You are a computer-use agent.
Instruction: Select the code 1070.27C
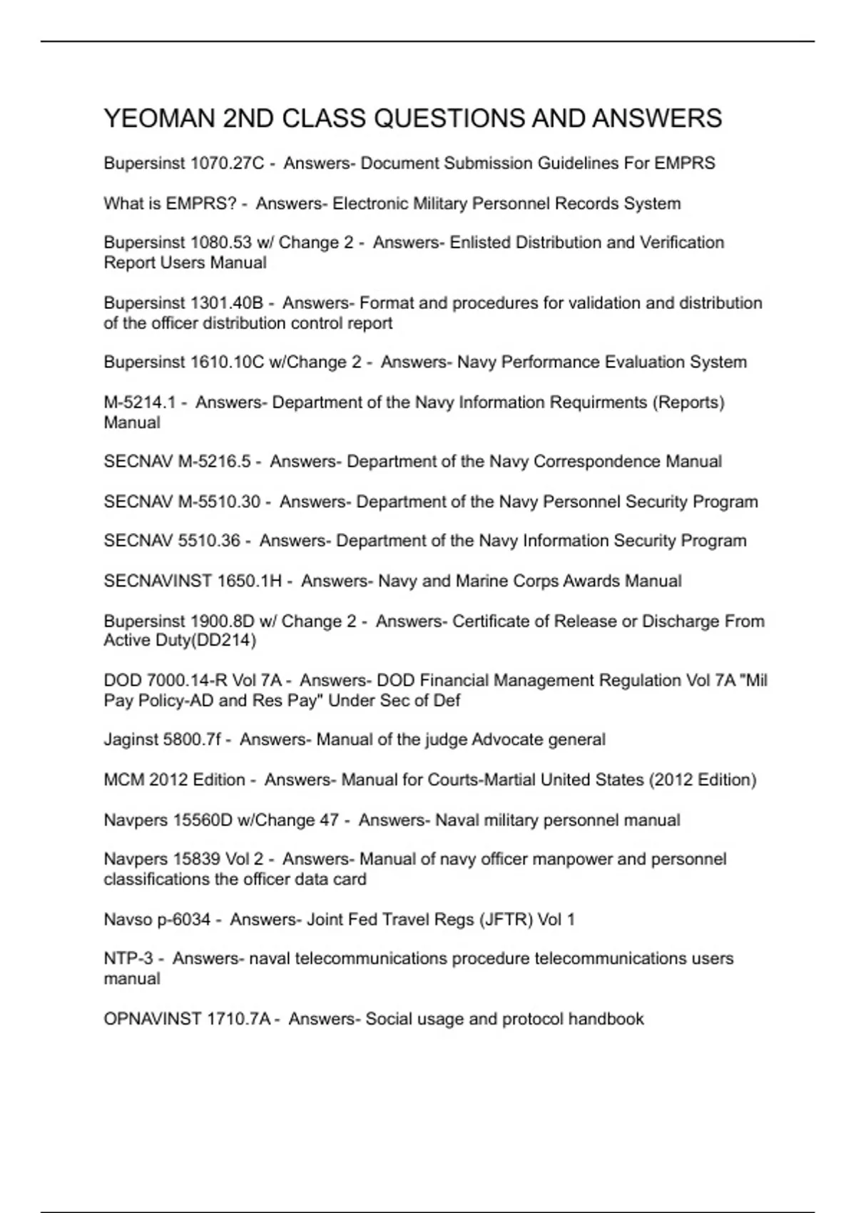[227, 163]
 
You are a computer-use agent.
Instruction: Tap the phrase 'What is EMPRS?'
[170, 204]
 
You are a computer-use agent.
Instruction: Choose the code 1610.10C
[226, 362]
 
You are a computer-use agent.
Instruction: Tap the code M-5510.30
[219, 502]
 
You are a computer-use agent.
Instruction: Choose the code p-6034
[184, 920]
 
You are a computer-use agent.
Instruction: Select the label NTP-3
[128, 959]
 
